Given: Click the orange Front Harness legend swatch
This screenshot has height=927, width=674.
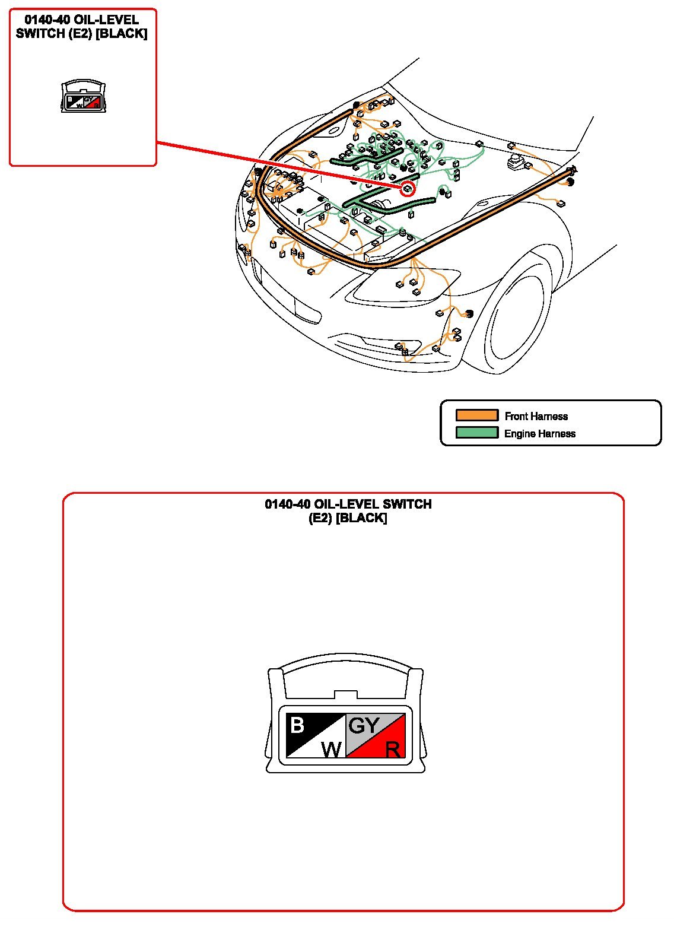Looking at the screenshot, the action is tap(476, 415).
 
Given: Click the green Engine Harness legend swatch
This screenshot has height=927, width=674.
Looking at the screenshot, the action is tap(476, 433).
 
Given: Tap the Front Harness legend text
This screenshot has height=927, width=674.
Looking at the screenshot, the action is tap(536, 416).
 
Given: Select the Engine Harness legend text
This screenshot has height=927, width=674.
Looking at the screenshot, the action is tap(539, 433).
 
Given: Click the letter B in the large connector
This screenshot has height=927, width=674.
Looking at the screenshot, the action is tap(297, 725).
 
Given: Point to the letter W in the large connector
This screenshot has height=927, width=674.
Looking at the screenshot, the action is tap(332, 748).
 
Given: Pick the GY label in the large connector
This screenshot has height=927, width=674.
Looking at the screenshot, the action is tap(364, 725).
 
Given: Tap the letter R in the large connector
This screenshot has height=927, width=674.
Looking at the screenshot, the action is tap(393, 749).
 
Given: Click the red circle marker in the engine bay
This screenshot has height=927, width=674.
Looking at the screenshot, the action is tap(408, 189).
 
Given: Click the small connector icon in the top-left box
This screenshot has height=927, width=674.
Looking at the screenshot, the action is tap(83, 96).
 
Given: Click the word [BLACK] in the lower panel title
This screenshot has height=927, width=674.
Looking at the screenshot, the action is tap(361, 518).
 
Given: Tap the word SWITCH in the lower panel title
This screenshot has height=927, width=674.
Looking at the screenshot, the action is tap(407, 504).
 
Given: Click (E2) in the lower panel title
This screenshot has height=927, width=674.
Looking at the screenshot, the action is tap(320, 518).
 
